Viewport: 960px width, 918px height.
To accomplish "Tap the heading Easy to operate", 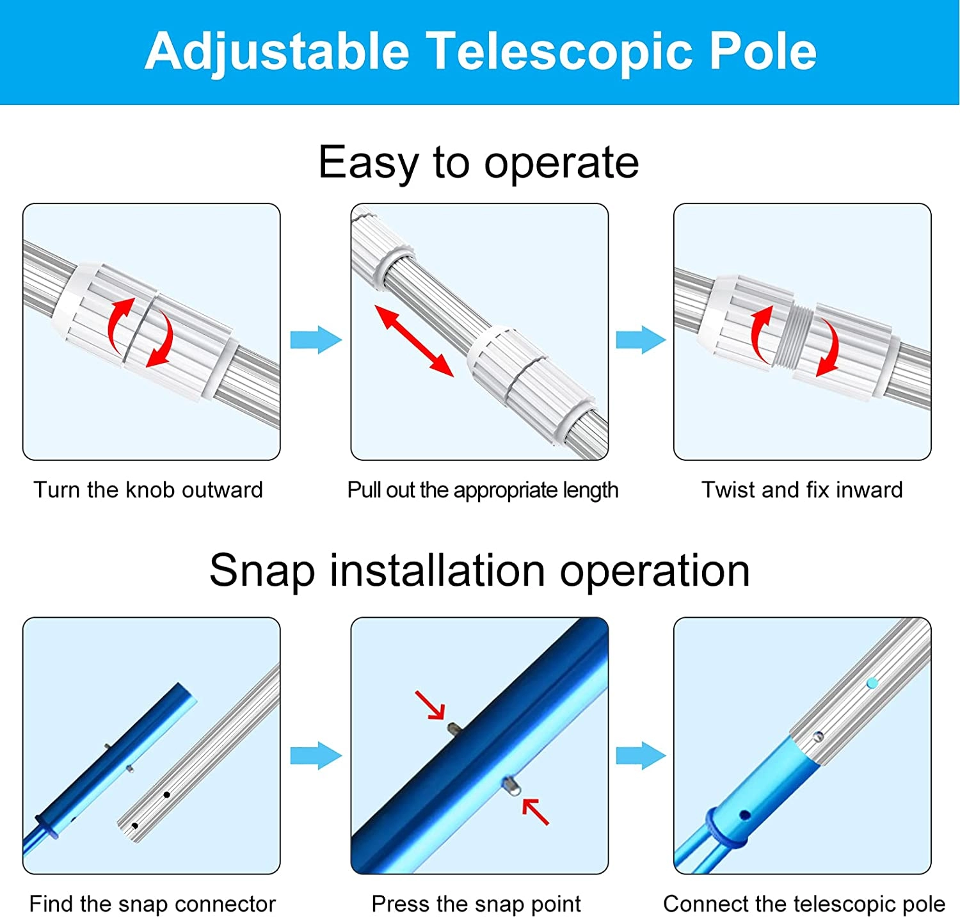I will tap(479, 163).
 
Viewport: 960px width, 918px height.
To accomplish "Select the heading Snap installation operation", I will tap(479, 570).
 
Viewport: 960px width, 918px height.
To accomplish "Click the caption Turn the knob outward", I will tap(148, 490).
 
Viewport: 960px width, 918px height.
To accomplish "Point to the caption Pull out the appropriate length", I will tap(483, 490).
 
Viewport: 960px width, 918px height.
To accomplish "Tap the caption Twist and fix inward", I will tap(802, 490).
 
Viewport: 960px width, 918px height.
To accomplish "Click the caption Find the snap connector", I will tap(152, 904).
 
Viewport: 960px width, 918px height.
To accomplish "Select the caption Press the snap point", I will tap(476, 904).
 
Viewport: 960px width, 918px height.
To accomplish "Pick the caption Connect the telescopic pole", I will tap(804, 904).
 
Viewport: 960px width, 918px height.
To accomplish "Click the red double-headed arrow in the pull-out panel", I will tap(414, 341).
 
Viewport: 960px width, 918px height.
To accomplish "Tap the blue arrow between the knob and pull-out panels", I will tap(316, 340).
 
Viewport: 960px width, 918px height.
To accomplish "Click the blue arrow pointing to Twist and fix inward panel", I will tap(641, 340).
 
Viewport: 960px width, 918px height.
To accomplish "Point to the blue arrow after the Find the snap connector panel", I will tap(316, 755).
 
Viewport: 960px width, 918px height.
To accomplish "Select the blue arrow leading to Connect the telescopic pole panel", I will tap(641, 755).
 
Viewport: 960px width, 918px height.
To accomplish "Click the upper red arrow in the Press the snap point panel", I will tap(430, 705).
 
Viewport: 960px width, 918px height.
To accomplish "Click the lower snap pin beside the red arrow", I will tap(511, 785).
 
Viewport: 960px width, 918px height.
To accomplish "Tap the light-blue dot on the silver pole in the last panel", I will tap(872, 684).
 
